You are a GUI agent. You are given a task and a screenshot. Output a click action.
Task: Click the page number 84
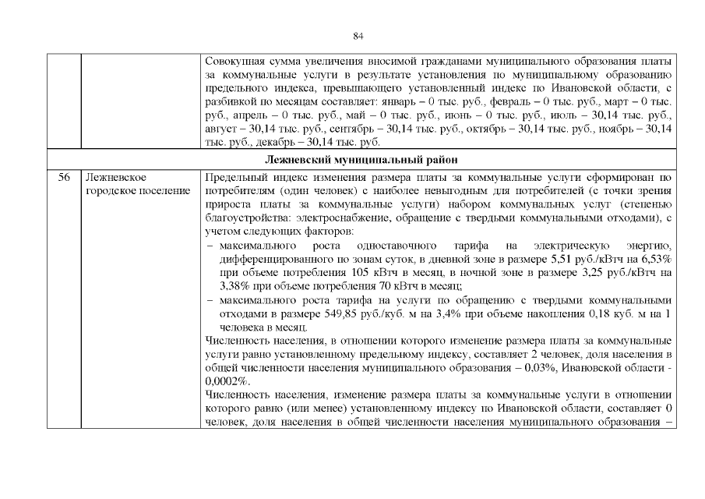358,36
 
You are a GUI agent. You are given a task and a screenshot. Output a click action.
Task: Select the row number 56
64,177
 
